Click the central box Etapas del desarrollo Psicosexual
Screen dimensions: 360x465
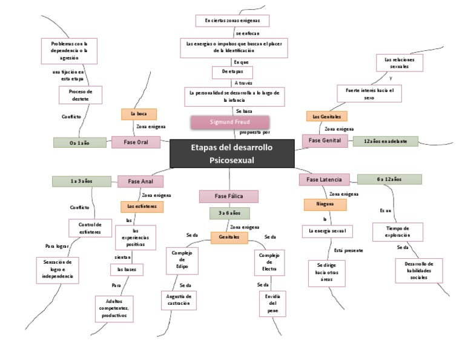[x=232, y=153]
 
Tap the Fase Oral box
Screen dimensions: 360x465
[x=136, y=142]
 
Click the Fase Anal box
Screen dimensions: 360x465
[x=140, y=181]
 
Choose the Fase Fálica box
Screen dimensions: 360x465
[x=229, y=196]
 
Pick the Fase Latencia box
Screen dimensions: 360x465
[x=324, y=179]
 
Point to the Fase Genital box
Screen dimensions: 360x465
[x=325, y=141]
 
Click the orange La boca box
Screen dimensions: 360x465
[x=139, y=113]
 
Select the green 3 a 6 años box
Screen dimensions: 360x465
[x=229, y=213]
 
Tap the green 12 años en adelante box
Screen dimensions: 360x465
[x=385, y=141]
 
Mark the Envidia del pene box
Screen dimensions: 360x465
[x=272, y=303]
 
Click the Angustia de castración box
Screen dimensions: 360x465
[x=179, y=299]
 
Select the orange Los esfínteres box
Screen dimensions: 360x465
[x=142, y=207]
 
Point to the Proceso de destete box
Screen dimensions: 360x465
[x=81, y=95]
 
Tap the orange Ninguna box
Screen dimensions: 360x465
[x=325, y=204]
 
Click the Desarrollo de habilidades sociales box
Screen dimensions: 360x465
[x=420, y=271]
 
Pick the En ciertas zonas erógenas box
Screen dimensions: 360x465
[x=232, y=21]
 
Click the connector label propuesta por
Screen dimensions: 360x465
[x=255, y=132]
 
